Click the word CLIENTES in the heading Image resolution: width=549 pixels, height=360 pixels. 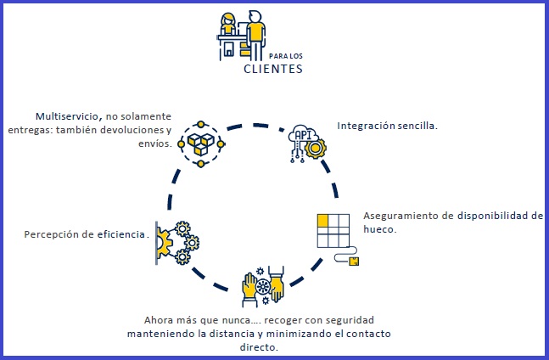(x=272, y=70)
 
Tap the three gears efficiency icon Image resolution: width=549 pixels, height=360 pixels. (x=178, y=243)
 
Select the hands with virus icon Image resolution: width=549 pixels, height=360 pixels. (x=261, y=288)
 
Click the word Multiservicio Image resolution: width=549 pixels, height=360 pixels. (x=65, y=115)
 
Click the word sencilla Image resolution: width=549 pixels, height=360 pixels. (x=419, y=125)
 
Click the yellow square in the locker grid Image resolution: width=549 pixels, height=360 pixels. (x=323, y=221)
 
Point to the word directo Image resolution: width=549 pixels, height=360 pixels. (x=258, y=346)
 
